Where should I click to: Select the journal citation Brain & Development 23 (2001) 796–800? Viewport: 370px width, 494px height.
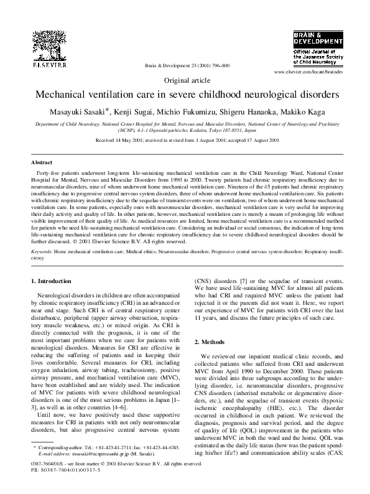click(187, 65)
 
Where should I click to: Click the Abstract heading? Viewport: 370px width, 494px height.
click(42, 162)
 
